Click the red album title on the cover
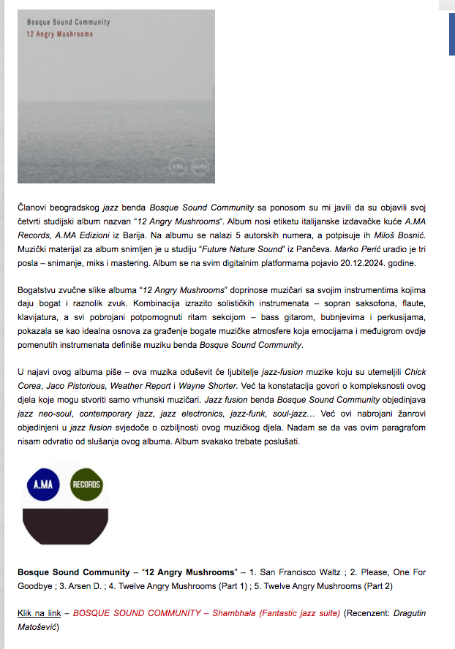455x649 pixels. click(x=59, y=34)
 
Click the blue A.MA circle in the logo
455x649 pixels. click(x=42, y=484)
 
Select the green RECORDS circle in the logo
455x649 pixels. click(x=86, y=484)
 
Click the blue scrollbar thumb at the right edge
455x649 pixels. click(x=451, y=34)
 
